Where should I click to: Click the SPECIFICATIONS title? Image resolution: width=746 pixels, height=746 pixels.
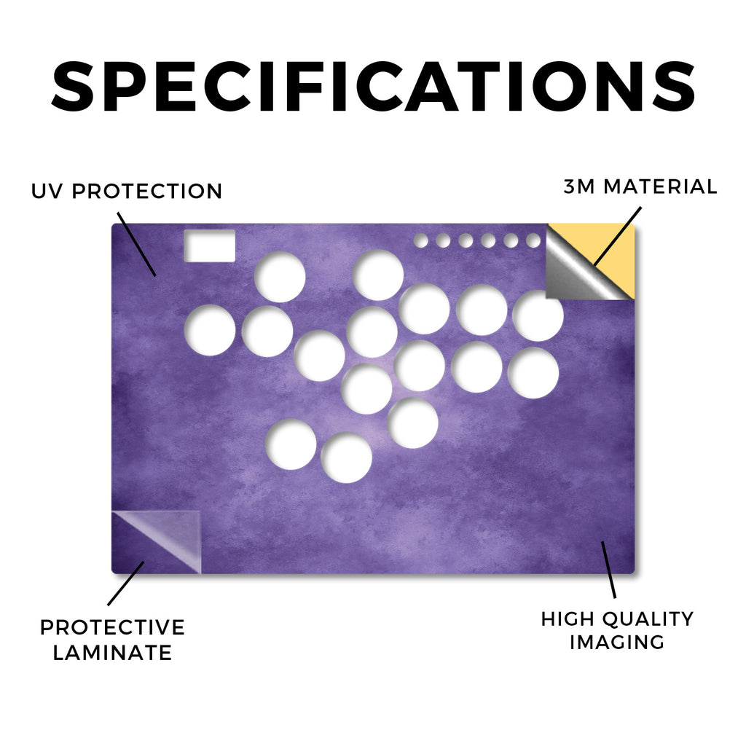coord(373,86)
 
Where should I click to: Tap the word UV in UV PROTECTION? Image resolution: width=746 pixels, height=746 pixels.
coord(46,192)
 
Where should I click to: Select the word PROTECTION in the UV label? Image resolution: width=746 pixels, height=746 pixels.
coord(147,192)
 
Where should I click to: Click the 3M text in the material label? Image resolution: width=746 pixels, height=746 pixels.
coord(578,186)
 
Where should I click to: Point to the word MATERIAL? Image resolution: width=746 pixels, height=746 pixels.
coord(660,186)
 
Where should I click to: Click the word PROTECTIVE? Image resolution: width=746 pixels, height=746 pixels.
coord(112,627)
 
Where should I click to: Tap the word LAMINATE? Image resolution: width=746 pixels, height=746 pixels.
coord(112,652)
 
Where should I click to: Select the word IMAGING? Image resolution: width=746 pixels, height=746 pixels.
coord(617,643)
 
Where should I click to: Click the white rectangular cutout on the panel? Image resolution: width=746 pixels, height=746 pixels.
coord(210,246)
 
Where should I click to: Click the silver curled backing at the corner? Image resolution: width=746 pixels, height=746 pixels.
coord(578,271)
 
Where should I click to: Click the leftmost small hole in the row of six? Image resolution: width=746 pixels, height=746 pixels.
coord(420,240)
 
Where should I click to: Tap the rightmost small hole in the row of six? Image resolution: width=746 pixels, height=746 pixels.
coord(533,240)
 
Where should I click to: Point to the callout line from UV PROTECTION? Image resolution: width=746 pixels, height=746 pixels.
coord(136,244)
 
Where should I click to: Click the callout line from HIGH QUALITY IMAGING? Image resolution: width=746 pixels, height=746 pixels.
coord(608,570)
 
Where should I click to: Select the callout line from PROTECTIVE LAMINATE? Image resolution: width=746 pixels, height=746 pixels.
coord(125,584)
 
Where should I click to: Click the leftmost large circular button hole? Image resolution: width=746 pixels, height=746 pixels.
coord(210,330)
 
